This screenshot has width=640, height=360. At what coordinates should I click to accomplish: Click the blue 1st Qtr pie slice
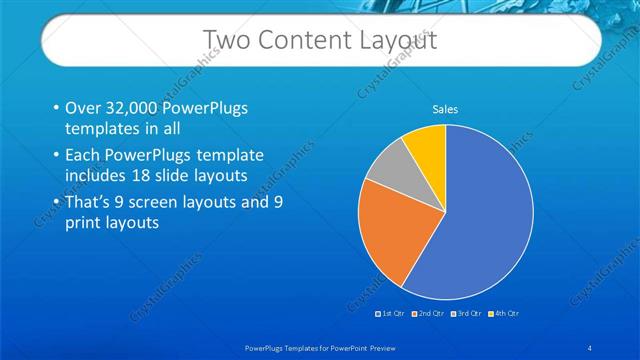coord(480,220)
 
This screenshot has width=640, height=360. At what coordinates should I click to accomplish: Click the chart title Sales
coord(445,109)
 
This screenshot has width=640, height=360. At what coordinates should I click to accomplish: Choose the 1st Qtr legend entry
coord(393,313)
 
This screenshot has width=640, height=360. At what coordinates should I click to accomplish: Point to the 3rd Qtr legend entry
coord(467,313)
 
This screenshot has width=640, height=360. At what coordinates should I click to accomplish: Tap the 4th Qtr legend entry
coord(505,313)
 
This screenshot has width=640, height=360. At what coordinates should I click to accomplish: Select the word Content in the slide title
coord(301,40)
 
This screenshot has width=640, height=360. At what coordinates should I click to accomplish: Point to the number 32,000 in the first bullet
coord(134,109)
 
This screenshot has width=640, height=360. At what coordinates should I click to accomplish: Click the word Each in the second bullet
coord(85,156)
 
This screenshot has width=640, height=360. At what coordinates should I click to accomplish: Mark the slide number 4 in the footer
coord(590,347)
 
